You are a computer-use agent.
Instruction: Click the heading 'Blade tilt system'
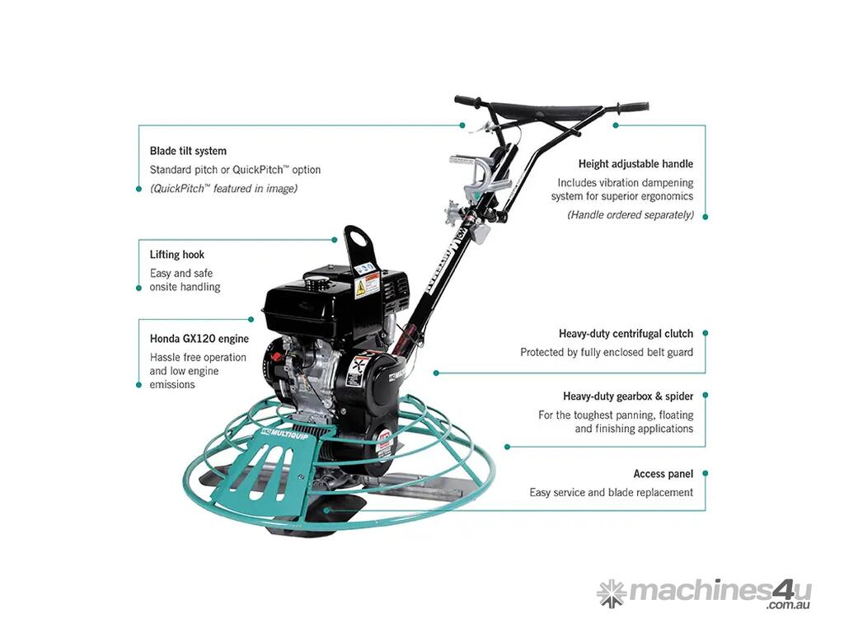click(188, 152)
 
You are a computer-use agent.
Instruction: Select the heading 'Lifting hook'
click(177, 255)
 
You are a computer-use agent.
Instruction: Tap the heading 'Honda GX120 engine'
click(199, 339)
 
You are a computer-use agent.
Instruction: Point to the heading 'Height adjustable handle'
click(635, 164)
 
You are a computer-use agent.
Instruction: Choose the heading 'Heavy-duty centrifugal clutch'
click(626, 334)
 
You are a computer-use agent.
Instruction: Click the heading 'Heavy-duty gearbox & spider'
click(628, 396)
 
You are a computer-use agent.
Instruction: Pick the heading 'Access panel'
click(663, 474)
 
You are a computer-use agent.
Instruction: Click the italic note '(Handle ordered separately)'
click(631, 215)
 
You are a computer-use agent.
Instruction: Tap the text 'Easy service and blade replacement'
click(611, 493)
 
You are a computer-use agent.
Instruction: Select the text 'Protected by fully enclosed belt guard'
click(607, 353)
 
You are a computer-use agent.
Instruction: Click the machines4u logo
click(704, 593)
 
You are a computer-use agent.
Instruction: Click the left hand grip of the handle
click(467, 101)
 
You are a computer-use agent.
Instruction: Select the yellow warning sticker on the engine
click(360, 288)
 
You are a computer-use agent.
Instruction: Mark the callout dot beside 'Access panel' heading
click(706, 474)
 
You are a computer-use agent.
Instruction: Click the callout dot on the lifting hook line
click(335, 240)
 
